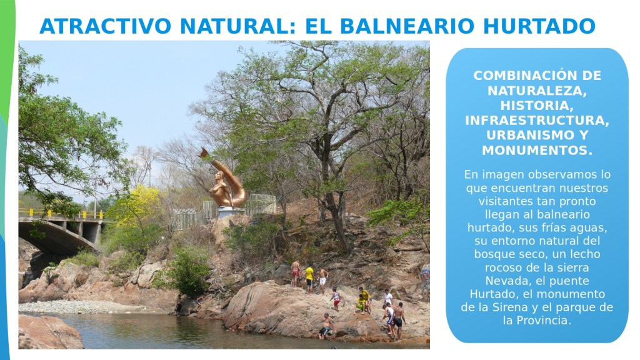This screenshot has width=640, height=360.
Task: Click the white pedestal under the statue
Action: pyautogui.click(x=230, y=212)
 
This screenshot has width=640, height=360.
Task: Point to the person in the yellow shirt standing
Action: pyautogui.click(x=309, y=278)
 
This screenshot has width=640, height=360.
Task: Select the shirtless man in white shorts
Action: pyautogui.click(x=323, y=281)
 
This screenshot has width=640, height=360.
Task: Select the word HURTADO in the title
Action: pyautogui.click(x=539, y=26)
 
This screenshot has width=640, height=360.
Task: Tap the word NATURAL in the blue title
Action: pyautogui.click(x=236, y=26)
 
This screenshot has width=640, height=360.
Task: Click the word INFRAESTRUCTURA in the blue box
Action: pyautogui.click(x=537, y=121)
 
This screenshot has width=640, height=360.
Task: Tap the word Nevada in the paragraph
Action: pyautogui.click(x=502, y=281)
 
